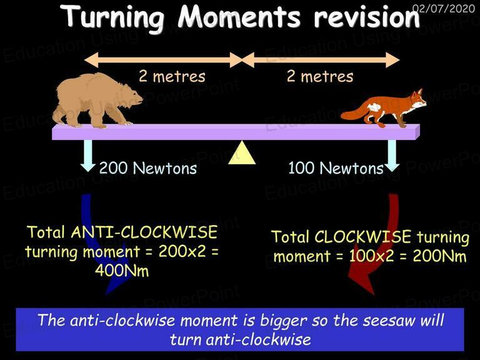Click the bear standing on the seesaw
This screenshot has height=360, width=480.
pos(96,101)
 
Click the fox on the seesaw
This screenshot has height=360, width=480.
pos(384,109)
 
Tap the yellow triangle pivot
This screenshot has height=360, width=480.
pos(242,152)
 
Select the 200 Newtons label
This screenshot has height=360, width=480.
pos(148,168)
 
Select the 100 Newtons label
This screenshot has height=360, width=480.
pos(336,168)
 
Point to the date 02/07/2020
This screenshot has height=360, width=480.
pos(444,8)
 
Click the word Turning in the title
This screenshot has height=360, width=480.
pos(115,17)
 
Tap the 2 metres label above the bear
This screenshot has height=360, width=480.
pos(172,76)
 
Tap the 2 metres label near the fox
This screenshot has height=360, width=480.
pos(320,76)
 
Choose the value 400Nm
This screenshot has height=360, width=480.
pos(122,271)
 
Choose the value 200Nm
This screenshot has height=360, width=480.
pos(439,256)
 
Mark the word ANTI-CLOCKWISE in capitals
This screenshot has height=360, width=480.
pos(144,232)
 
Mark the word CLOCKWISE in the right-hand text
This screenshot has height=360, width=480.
pos(362,237)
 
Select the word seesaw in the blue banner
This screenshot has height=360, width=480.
pos(389,321)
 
